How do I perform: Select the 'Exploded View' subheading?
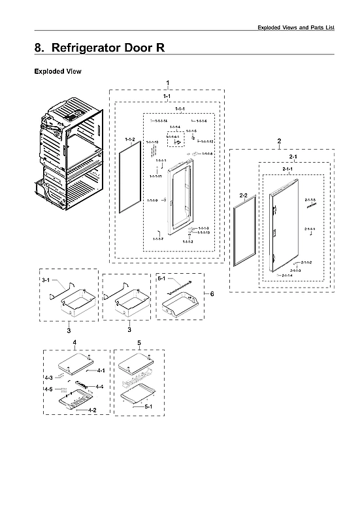tap(57, 71)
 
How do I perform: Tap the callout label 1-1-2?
tap(129, 140)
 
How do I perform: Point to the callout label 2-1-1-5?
tap(310, 199)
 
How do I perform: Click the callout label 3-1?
tap(45, 280)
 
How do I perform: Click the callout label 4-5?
tap(48, 389)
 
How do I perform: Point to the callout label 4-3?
tap(48, 378)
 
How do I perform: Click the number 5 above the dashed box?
tap(139, 342)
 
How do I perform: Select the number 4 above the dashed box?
tap(74, 342)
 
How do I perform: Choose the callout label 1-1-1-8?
tap(207, 154)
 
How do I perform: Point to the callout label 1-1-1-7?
tap(157, 239)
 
